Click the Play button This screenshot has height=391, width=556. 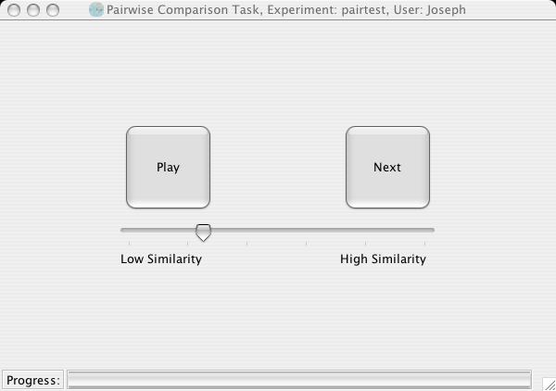click(x=168, y=167)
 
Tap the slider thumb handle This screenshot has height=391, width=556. click(x=204, y=233)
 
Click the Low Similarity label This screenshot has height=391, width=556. click(x=161, y=259)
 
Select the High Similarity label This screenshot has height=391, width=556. click(x=383, y=259)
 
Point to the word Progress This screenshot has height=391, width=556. click(x=33, y=380)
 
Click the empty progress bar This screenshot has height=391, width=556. click(x=299, y=380)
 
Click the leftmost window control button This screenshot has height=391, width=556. click(x=14, y=10)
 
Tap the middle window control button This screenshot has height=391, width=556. click(x=33, y=10)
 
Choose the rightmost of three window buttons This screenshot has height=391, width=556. click(x=53, y=10)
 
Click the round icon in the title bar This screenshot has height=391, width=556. click(x=96, y=9)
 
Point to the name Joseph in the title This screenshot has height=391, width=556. click(x=446, y=10)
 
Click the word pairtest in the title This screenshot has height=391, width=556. click(x=363, y=10)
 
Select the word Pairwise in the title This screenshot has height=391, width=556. click(x=130, y=10)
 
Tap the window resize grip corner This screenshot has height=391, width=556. click(x=549, y=385)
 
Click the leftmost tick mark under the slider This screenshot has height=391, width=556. click(x=130, y=243)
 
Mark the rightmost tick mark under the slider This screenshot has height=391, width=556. click(x=424, y=243)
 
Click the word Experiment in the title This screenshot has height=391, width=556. click(x=301, y=10)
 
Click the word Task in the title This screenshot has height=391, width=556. click(x=249, y=10)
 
